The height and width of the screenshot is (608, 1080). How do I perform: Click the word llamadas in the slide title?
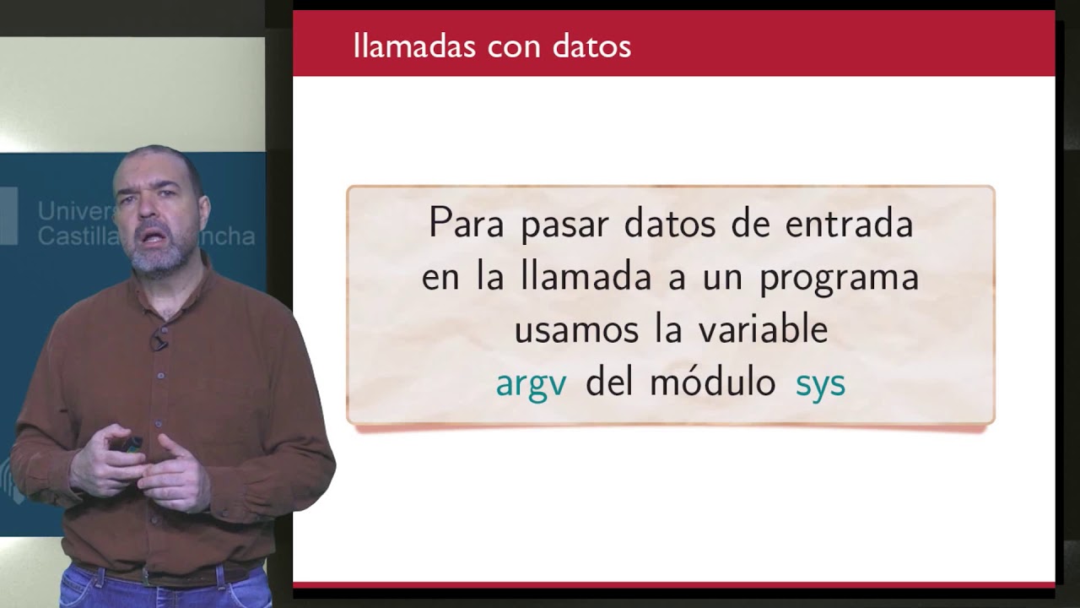pyautogui.click(x=414, y=46)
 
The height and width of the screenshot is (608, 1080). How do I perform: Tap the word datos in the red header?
pyautogui.click(x=591, y=46)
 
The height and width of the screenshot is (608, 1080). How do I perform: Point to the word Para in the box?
pyautogui.click(x=467, y=223)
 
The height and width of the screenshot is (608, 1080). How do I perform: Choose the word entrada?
pyautogui.click(x=849, y=223)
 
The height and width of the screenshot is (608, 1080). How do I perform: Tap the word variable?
pyautogui.click(x=764, y=329)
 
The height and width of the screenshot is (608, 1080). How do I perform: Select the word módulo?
pyautogui.click(x=713, y=383)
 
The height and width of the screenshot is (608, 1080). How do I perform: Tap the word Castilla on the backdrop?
pyautogui.click(x=76, y=236)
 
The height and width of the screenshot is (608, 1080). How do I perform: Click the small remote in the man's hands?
pyautogui.click(x=131, y=444)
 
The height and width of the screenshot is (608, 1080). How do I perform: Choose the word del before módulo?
pyautogui.click(x=608, y=383)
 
